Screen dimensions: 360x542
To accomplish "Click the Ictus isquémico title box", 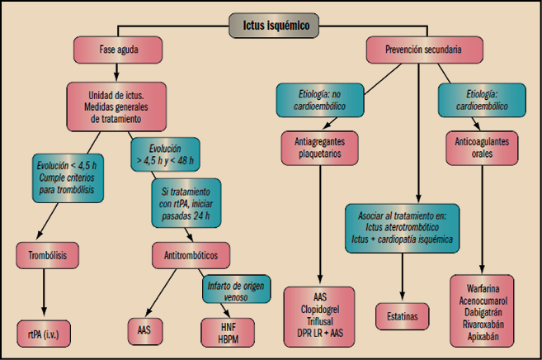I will [270, 26].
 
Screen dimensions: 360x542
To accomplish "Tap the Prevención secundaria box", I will [423, 50].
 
